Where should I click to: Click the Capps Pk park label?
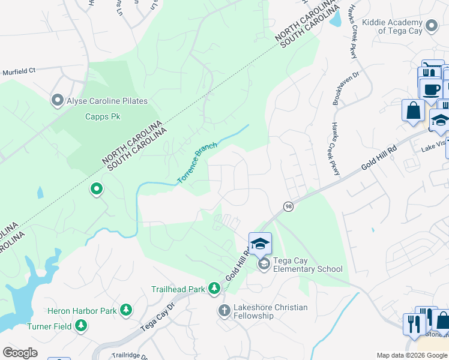[103, 116]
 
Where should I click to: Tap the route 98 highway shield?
[289, 206]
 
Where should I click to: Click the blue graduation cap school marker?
[260, 243]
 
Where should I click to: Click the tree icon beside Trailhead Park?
[214, 289]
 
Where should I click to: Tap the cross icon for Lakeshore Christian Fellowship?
[224, 310]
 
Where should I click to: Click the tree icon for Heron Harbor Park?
[126, 310]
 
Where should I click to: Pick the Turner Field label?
[50, 326]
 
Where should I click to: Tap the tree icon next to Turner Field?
[81, 326]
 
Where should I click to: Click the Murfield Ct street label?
[19, 70]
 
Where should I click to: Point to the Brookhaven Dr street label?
[346, 88]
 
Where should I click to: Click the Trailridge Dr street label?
[130, 355]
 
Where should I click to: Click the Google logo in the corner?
[20, 353]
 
